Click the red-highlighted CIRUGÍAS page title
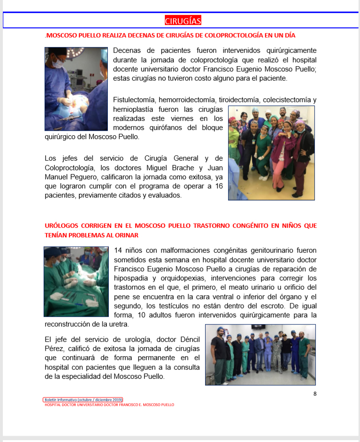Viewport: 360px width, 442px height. [x=183, y=21]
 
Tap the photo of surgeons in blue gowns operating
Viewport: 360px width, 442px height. [x=76, y=88]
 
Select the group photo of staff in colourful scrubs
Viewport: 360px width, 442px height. [x=271, y=152]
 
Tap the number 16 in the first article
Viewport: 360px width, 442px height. [x=219, y=186]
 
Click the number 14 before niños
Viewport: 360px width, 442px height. [x=119, y=250]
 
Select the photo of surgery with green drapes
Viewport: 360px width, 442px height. [x=76, y=281]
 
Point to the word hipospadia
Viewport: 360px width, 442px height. [x=133, y=278]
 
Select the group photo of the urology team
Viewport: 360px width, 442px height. [x=260, y=355]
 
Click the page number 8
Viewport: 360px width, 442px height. [x=315, y=394]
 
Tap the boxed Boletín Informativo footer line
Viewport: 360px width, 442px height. [x=82, y=399]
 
